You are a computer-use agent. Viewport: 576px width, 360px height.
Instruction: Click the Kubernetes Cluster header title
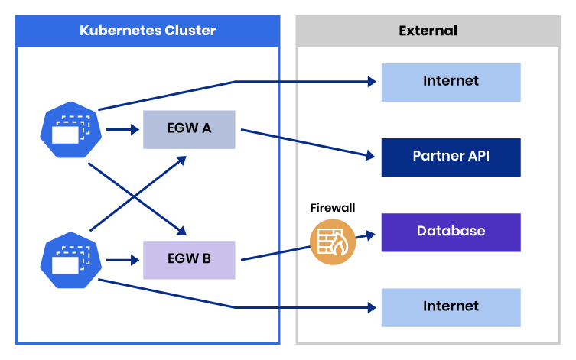tap(148, 31)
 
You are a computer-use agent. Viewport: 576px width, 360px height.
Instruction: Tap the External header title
tap(428, 31)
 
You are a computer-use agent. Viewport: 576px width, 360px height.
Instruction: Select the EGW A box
tap(189, 129)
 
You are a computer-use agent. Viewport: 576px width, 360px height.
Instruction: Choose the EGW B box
tap(189, 259)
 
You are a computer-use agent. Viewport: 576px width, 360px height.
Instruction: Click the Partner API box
tap(451, 157)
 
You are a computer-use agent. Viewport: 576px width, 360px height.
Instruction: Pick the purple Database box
tap(451, 232)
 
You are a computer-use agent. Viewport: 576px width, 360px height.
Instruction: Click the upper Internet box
tap(451, 82)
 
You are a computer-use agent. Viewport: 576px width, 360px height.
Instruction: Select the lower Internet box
tap(451, 306)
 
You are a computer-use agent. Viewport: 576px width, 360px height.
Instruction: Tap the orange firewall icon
tap(333, 242)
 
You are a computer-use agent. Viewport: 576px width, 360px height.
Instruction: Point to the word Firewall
tap(333, 208)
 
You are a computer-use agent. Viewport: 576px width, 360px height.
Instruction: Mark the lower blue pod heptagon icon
tap(70, 260)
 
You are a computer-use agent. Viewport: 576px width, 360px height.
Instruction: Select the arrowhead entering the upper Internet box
tap(372, 81)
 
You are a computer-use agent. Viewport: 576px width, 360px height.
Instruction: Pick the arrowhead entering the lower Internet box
tap(372, 307)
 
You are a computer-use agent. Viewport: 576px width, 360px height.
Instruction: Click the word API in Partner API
tap(477, 157)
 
